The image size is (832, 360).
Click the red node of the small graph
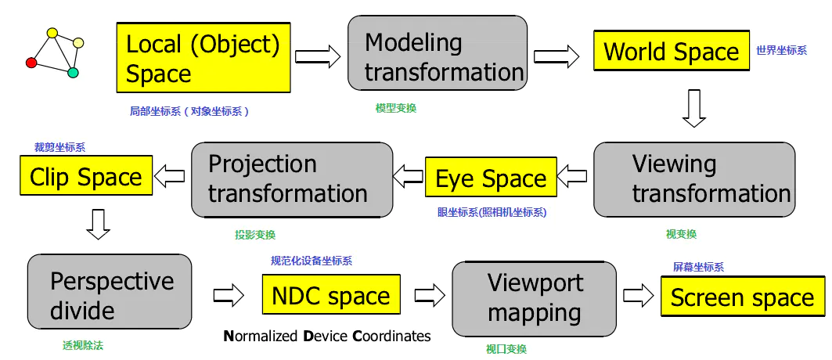click(31, 63)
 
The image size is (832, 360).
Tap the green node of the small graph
click(73, 73)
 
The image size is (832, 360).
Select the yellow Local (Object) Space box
click(203, 58)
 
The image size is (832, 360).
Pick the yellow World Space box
click(671, 52)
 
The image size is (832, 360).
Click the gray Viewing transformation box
click(694, 179)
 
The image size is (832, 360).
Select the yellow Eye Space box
click(491, 178)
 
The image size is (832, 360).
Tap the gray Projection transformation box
click(292, 179)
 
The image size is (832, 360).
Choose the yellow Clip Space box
click(85, 176)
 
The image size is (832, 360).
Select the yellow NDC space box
click(330, 296)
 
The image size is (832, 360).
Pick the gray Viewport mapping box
click(535, 297)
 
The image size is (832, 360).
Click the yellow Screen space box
click(742, 297)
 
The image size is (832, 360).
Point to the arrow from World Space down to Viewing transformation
click(693, 108)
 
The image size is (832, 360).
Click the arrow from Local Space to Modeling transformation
click(318, 56)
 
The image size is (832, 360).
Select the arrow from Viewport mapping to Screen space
click(638, 296)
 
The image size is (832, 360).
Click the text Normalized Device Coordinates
click(327, 336)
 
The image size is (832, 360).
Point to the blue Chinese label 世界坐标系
click(780, 51)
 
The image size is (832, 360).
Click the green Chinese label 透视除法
click(82, 344)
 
